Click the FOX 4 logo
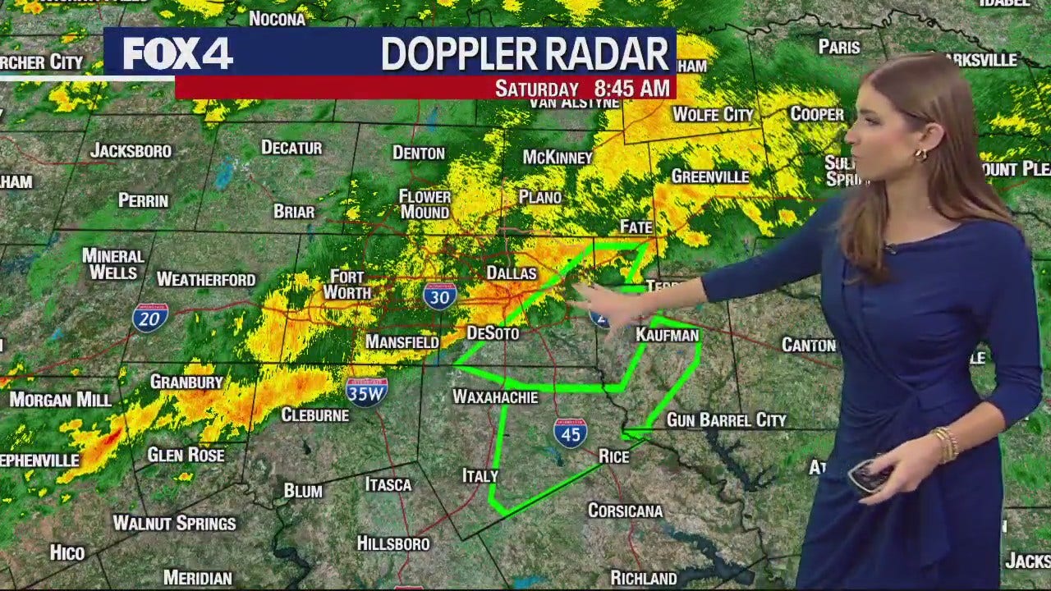coord(177,54)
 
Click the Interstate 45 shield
coord(570,433)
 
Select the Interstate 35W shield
coord(366,392)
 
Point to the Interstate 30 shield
coord(440,295)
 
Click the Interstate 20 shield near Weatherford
coord(150,317)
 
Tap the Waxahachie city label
coord(495,397)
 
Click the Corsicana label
coord(625,511)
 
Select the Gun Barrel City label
coord(726,420)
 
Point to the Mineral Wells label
coord(113,264)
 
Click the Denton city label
coord(419,153)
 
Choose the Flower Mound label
coord(425,204)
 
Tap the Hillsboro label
coord(393,543)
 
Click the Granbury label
coord(186,382)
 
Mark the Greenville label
coord(710,176)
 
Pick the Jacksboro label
coord(131,151)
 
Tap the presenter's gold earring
coord(920,154)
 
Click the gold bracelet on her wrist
coord(946,444)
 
